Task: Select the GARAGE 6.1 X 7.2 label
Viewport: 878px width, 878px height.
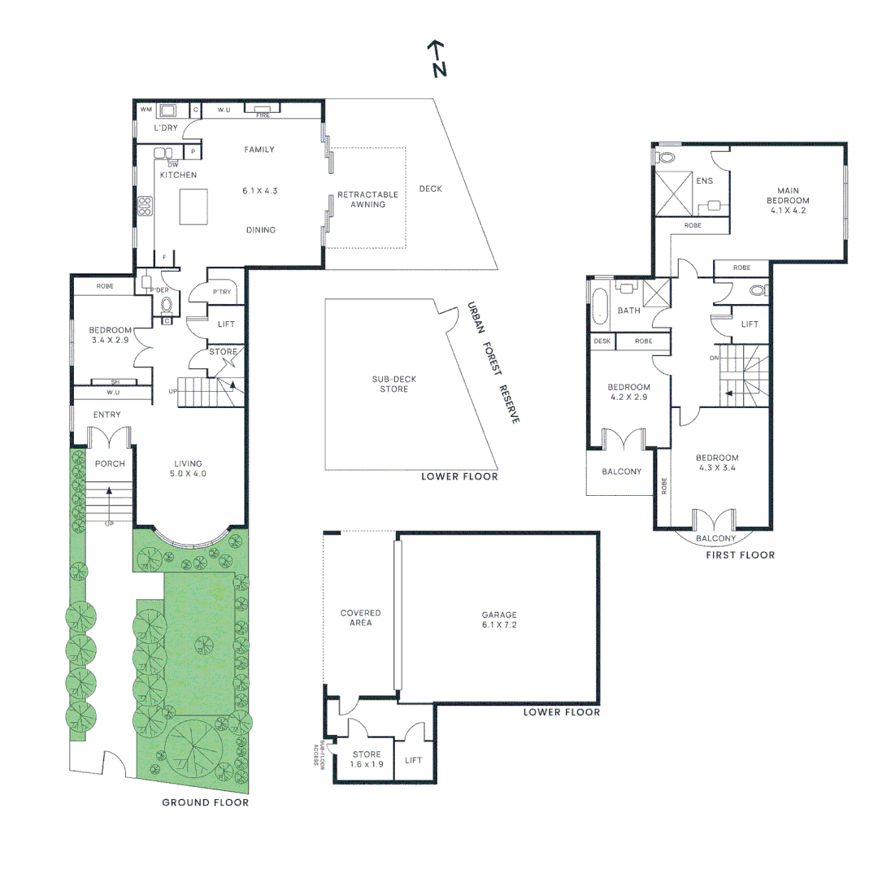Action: (498, 620)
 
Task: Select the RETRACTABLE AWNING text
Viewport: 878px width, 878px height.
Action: (367, 199)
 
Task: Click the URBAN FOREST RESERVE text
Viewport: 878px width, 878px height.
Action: (493, 362)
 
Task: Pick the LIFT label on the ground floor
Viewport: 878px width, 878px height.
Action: (227, 324)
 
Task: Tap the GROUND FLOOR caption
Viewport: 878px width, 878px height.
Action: (205, 802)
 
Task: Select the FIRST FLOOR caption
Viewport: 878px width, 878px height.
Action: (739, 555)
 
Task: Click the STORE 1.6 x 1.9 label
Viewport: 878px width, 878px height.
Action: (366, 759)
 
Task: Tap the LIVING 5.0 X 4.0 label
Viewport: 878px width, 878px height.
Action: (189, 468)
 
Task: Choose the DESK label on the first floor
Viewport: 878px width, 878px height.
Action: (602, 341)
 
